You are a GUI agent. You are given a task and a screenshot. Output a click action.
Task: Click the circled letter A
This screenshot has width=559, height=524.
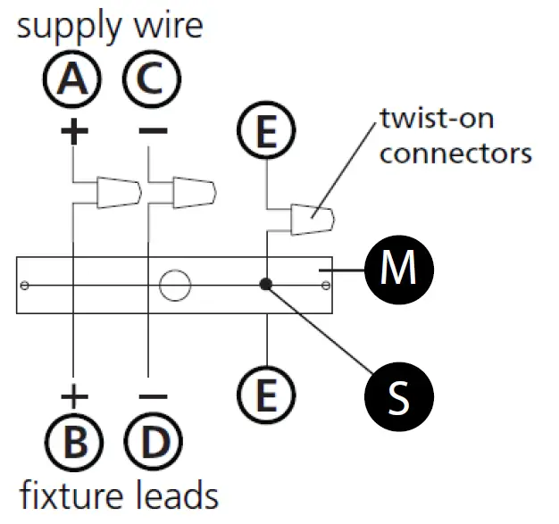coord(72,79)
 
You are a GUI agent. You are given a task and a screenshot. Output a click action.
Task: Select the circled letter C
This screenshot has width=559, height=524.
coord(152,79)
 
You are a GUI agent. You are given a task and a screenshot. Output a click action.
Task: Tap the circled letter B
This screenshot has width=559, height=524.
coord(74,442)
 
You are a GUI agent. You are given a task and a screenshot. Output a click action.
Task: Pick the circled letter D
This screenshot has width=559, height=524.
coord(154,442)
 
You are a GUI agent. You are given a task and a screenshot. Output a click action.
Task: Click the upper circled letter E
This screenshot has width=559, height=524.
coord(266,130)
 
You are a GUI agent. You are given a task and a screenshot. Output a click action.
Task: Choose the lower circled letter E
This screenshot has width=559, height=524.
coord(266,395)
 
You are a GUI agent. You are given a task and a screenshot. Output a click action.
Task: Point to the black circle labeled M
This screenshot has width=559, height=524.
coord(399,270)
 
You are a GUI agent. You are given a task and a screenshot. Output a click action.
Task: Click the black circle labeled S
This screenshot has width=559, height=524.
coord(399,396)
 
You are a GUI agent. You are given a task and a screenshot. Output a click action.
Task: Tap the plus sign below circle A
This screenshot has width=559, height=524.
coord(74,131)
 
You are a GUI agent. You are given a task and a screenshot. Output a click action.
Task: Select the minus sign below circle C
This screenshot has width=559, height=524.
coord(154,131)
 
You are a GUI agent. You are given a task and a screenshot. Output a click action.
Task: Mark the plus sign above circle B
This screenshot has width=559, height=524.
coord(74,396)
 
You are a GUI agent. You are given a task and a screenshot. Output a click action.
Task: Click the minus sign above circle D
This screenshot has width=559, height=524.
coord(154,396)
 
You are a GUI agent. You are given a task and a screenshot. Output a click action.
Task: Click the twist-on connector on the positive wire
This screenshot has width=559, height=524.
coord(119,192)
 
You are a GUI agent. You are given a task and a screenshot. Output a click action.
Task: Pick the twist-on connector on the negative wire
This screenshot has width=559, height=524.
coord(195,192)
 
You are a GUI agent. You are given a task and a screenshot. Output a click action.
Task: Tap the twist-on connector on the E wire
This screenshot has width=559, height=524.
coord(313,220)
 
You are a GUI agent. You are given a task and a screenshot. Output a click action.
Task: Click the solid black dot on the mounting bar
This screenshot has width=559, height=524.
coord(265,285)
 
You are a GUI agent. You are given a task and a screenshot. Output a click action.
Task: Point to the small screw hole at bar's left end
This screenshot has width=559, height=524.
coord(25,286)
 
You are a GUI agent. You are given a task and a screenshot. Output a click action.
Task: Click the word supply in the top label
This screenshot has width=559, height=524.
coord(70,28)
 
